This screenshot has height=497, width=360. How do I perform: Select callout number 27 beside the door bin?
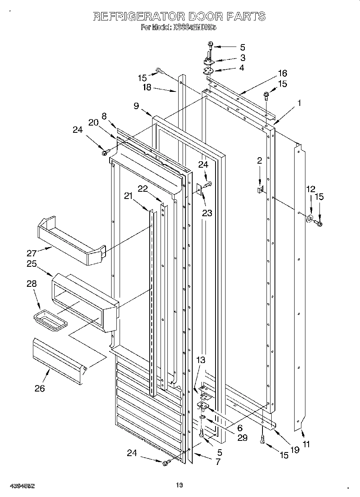tap(33, 253)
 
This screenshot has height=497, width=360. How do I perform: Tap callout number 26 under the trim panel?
tap(39, 388)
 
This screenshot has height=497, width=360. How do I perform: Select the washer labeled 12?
tap(310, 219)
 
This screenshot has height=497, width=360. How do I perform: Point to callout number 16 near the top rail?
tap(283, 73)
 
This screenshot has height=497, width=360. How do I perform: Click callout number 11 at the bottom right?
tap(306, 444)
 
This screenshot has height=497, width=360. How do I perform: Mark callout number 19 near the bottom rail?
tap(295, 450)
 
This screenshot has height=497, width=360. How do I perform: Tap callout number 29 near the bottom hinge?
tap(242, 438)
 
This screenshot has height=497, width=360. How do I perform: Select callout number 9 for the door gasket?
tap(136, 106)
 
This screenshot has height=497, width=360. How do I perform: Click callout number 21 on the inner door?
tap(128, 196)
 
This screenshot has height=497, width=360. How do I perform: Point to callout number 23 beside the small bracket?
tap(207, 213)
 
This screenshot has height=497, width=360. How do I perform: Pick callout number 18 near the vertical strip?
tap(147, 87)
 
